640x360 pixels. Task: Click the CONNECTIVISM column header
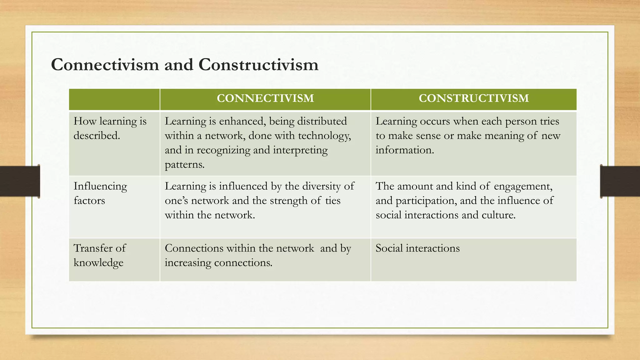(x=265, y=98)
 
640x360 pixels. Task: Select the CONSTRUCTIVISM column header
(x=474, y=98)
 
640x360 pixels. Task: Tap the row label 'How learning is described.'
(x=110, y=128)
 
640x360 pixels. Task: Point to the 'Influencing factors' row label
(x=100, y=193)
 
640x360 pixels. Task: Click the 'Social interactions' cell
(x=417, y=248)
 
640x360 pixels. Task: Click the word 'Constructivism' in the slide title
(x=258, y=65)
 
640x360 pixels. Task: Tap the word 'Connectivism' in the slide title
(x=105, y=65)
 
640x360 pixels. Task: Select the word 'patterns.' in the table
(x=185, y=165)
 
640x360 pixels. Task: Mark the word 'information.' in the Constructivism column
(x=405, y=150)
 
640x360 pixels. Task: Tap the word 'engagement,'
(x=523, y=187)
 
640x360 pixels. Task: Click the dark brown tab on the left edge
(x=20, y=181)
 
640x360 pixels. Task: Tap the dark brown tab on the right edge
(x=620, y=181)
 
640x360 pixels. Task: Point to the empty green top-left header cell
(x=114, y=99)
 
